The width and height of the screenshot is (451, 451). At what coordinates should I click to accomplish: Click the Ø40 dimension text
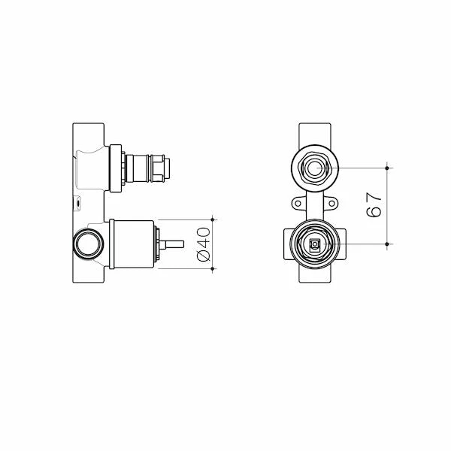tap(202, 244)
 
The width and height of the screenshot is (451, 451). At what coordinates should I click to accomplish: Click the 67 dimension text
tap(374, 204)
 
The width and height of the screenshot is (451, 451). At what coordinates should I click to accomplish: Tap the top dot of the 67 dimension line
tap(387, 165)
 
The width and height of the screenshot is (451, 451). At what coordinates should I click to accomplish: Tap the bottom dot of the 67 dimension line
tap(387, 244)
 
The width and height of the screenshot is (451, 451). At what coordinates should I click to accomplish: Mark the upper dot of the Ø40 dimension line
tap(214, 219)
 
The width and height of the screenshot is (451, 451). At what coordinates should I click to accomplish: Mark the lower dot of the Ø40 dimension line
tap(214, 268)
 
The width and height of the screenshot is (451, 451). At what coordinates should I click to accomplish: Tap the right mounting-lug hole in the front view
tap(329, 203)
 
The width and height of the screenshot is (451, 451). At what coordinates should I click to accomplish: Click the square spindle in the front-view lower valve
tap(314, 244)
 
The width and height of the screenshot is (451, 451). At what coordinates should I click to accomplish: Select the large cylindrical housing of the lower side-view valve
tap(132, 244)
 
